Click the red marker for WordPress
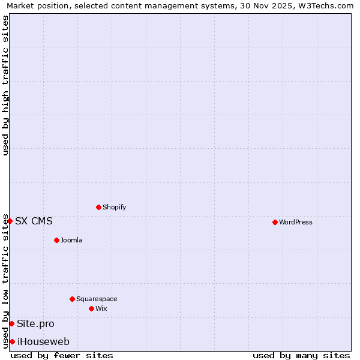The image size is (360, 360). click(275, 222)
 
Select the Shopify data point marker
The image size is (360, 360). click(98, 207)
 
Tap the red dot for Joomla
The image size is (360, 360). click(56, 240)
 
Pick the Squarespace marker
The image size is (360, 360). click(72, 299)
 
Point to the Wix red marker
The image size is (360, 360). click(91, 308)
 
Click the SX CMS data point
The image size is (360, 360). click(10, 221)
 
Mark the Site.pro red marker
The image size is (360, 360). click(11, 323)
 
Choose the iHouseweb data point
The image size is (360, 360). click(12, 341)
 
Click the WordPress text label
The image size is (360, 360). click(296, 222)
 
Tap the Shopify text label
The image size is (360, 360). click(114, 207)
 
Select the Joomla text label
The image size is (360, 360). click(71, 240)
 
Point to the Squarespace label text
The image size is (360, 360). click(97, 299)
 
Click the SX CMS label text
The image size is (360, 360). click(34, 221)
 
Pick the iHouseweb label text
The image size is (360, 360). click(43, 341)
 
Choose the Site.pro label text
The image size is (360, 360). click(35, 323)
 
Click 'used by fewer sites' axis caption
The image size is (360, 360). click(62, 355)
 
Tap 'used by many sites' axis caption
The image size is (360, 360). click(301, 355)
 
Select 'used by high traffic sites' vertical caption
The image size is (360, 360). click(5, 85)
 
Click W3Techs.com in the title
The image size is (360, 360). click(325, 5)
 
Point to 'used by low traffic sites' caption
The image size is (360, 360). click(5, 281)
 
